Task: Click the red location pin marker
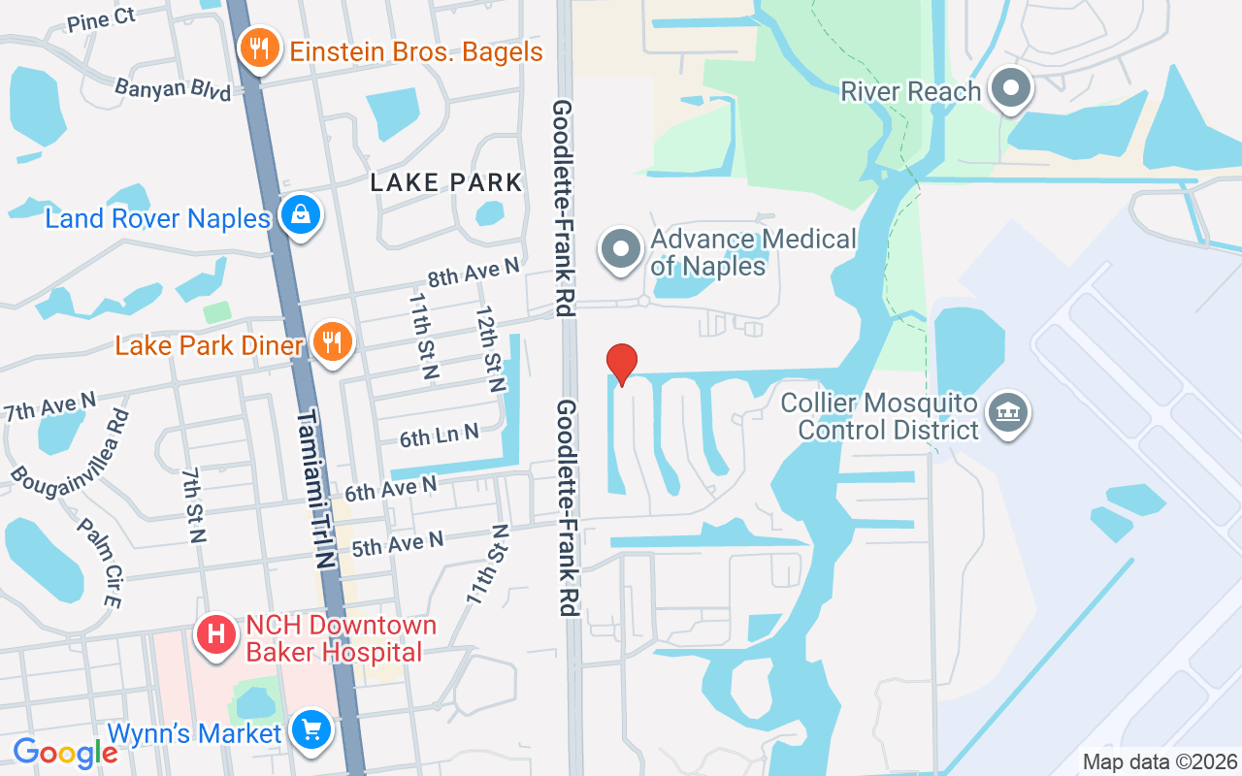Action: click(x=621, y=365)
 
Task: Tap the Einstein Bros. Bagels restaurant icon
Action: click(x=259, y=48)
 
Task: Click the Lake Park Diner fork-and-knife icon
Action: click(x=333, y=343)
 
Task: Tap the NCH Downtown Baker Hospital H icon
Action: click(x=216, y=636)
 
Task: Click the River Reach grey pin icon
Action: click(x=1011, y=90)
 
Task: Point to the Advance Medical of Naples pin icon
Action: click(x=621, y=250)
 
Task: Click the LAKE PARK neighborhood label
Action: click(x=447, y=182)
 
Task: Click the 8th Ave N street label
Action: click(x=474, y=272)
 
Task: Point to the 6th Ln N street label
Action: click(x=439, y=436)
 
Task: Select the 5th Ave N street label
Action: click(x=397, y=543)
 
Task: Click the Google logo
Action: click(x=66, y=753)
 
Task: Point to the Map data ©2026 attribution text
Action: click(x=1160, y=762)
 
